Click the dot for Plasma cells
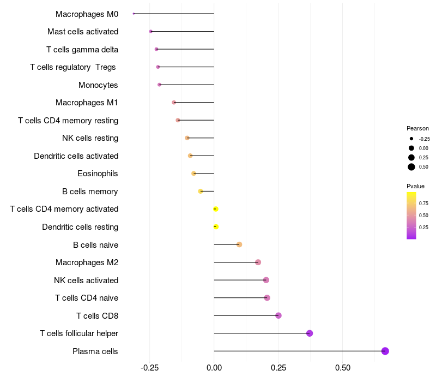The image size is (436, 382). [385, 351]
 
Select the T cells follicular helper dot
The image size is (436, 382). [310, 333]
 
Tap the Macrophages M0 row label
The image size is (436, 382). [87, 14]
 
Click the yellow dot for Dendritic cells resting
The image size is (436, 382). [216, 226]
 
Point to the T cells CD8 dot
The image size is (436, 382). [278, 315]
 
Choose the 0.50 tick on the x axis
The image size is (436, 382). [342, 368]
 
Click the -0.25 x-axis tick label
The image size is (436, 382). [150, 368]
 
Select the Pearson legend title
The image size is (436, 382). [417, 128]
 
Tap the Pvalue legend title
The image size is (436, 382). [415, 186]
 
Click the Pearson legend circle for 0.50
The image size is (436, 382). [411, 167]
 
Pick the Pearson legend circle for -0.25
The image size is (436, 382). [411, 139]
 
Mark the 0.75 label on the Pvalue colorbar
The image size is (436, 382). [423, 204]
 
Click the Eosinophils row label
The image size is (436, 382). [98, 174]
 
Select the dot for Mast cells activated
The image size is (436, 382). [151, 32]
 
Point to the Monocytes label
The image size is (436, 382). [98, 85]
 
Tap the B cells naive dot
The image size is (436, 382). [239, 244]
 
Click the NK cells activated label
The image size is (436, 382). [86, 280]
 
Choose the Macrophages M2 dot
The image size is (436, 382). [258, 262]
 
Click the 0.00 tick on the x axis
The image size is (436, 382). [214, 368]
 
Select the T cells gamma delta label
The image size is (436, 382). [82, 50]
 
